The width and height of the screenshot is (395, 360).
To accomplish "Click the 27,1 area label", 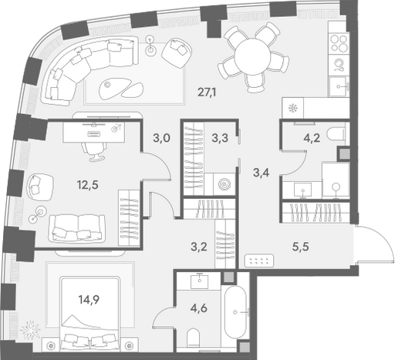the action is (207, 92).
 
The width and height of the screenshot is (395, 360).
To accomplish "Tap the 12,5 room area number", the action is (88, 184).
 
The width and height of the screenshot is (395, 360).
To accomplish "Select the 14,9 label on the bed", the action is (89, 300).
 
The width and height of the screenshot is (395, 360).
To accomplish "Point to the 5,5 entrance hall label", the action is (300, 247).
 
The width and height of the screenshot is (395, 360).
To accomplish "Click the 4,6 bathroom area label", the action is (199, 308).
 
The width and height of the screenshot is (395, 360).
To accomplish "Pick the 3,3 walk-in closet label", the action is (220, 138).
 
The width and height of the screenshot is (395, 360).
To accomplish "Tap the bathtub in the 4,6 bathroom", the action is (235, 311).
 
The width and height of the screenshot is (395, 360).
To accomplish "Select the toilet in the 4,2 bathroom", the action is (336, 135).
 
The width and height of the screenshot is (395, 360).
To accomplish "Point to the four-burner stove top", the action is (339, 42).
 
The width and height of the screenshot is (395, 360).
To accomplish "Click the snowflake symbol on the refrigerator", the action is (292, 108).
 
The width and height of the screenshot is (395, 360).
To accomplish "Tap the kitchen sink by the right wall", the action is (339, 86).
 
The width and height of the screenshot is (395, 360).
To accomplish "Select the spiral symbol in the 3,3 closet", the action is (224, 184).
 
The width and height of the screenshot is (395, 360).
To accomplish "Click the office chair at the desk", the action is (93, 152).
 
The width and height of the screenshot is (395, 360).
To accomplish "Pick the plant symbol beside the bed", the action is (30, 329).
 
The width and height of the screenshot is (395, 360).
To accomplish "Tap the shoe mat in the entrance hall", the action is (259, 261).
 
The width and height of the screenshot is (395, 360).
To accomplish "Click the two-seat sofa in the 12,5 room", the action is (77, 228).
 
